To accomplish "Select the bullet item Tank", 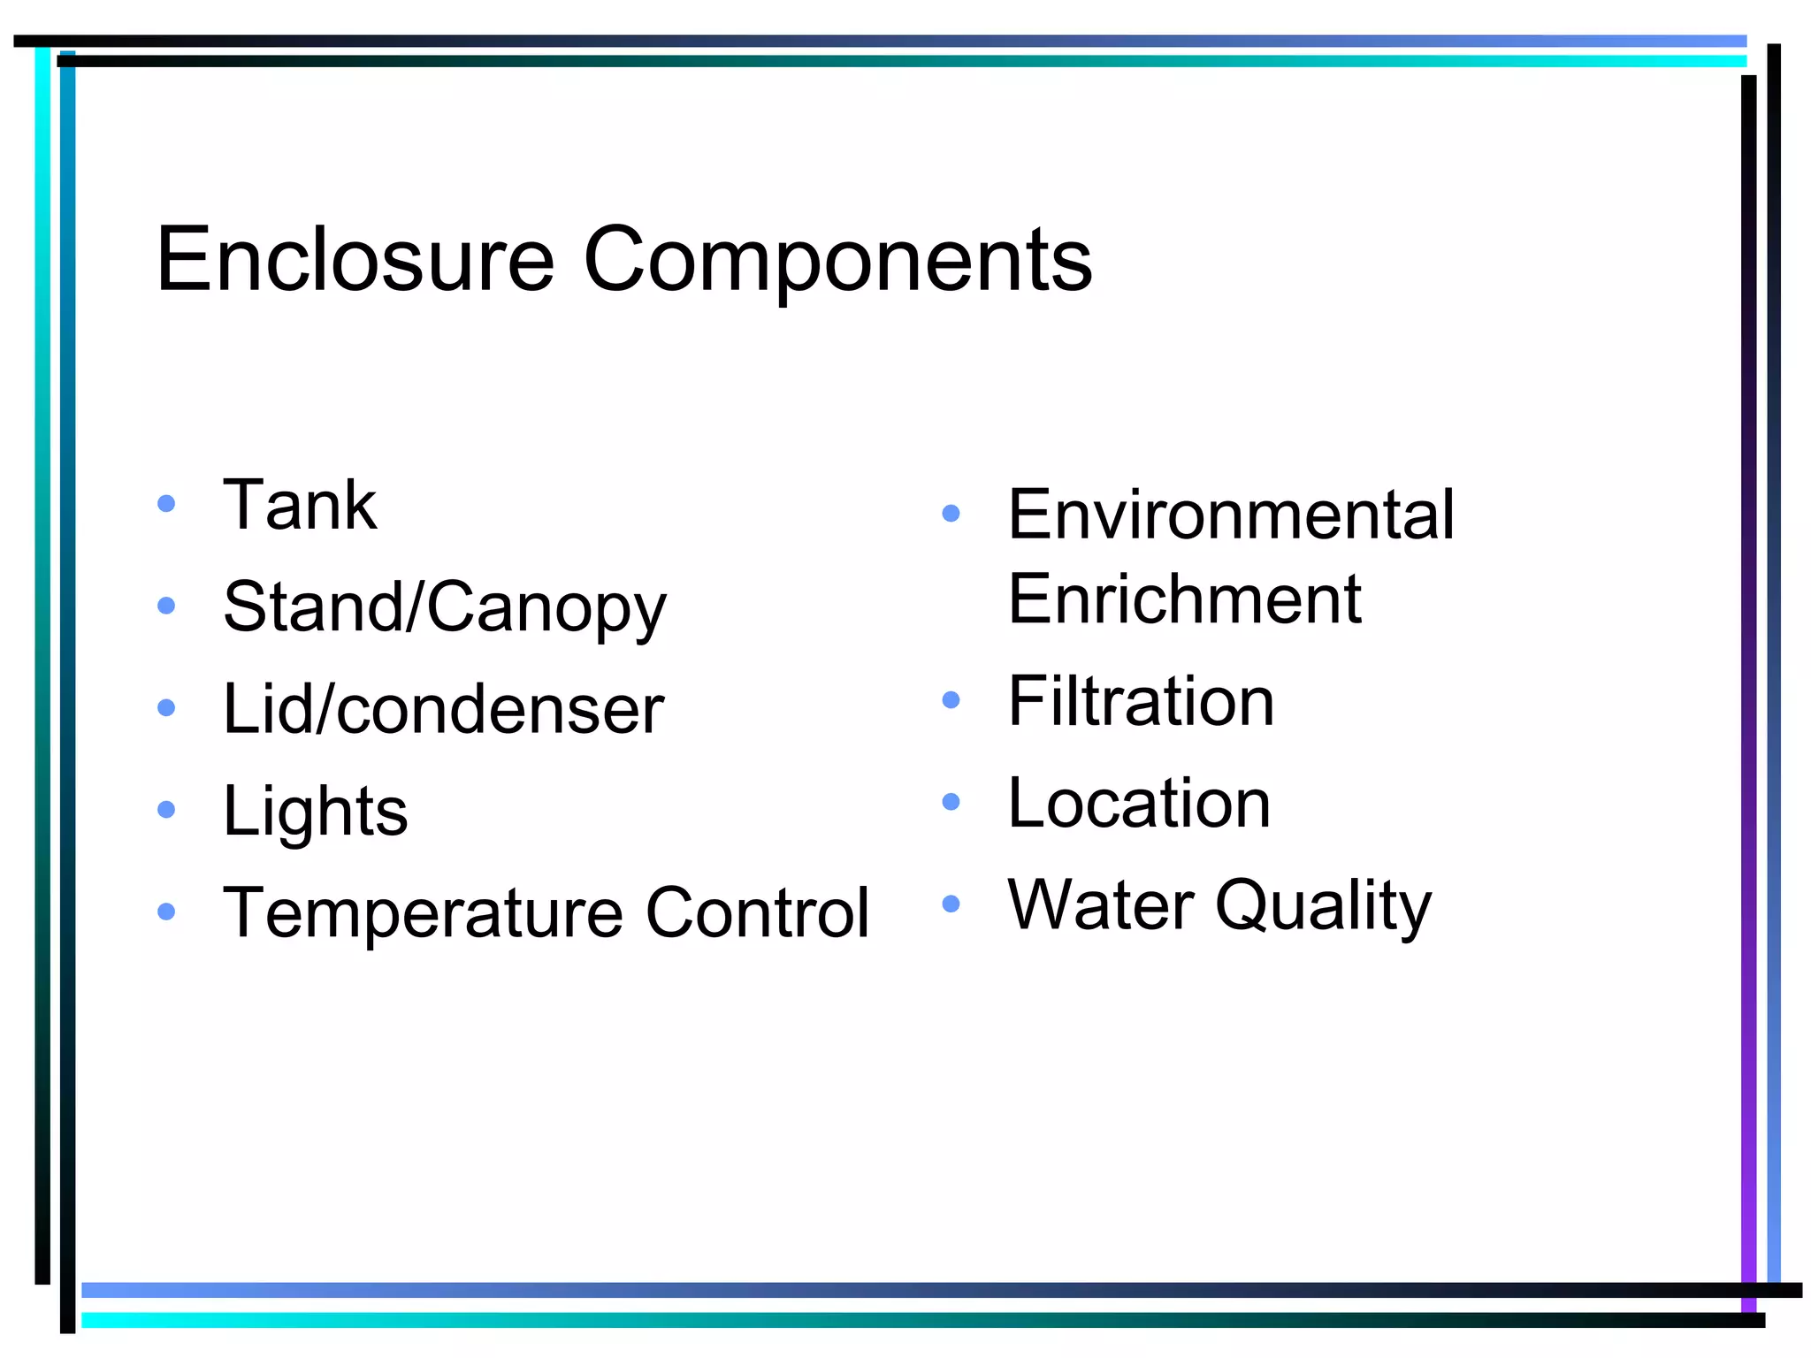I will pyautogui.click(x=300, y=505).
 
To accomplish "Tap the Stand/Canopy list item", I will pyautogui.click(x=444, y=608).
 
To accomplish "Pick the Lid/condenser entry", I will pyautogui.click(x=443, y=709).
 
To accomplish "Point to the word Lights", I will pyautogui.click(x=315, y=811).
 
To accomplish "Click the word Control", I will pyautogui.click(x=758, y=912).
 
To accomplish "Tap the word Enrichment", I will pyautogui.click(x=1184, y=599).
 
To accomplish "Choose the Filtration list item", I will pyautogui.click(x=1141, y=701).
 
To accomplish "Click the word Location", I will pyautogui.click(x=1139, y=803).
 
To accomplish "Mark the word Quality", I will pyautogui.click(x=1323, y=906).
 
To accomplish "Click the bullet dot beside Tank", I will pyautogui.click(x=166, y=504).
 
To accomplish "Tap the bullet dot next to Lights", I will pyautogui.click(x=166, y=810).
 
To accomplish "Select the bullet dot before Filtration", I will pyautogui.click(x=951, y=700).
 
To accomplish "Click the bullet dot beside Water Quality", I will pyautogui.click(x=951, y=904).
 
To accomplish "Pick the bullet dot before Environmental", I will pyautogui.click(x=951, y=514).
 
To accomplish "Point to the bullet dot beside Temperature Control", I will pyautogui.click(x=166, y=912).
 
